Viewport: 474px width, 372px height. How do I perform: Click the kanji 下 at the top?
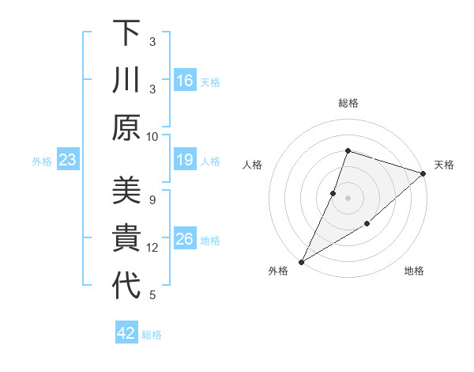[x=126, y=33]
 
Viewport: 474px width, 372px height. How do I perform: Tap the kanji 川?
[x=126, y=80]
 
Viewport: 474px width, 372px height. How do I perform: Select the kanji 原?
[x=126, y=127]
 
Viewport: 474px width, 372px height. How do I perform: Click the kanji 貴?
[x=126, y=238]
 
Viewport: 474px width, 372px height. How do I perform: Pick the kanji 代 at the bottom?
[x=126, y=286]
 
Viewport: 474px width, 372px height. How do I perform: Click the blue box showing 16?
[x=185, y=81]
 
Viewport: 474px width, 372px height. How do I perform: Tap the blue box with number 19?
[x=185, y=161]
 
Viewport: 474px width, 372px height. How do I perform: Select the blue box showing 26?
[x=185, y=240]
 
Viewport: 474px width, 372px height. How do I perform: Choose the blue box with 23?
[x=68, y=161]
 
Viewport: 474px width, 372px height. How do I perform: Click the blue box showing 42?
[x=126, y=333]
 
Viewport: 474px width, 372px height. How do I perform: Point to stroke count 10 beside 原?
[x=153, y=136]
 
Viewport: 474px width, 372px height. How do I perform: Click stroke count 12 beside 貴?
[x=153, y=248]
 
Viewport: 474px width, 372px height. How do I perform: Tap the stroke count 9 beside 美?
[x=152, y=199]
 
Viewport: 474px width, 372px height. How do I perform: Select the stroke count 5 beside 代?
[x=152, y=295]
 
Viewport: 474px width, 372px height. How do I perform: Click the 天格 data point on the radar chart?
[x=423, y=174]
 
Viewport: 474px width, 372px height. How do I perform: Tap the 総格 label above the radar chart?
[x=348, y=103]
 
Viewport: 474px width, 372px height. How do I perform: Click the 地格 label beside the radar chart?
[x=414, y=271]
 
